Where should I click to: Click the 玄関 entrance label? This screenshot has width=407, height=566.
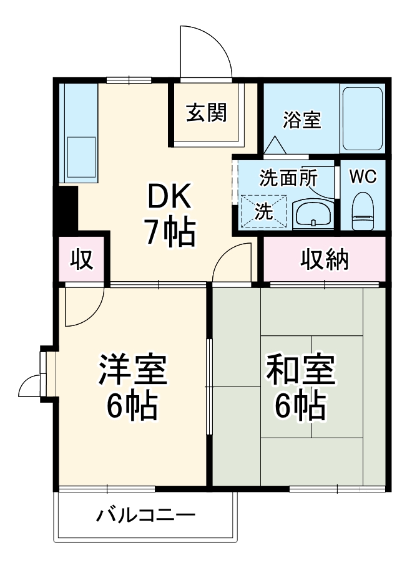tap(205, 113)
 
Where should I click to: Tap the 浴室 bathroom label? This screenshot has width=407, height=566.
tap(302, 120)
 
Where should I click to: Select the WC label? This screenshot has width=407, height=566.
tap(362, 177)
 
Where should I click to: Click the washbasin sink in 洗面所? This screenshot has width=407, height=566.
tap(313, 214)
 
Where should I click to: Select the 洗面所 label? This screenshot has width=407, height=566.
tap(288, 178)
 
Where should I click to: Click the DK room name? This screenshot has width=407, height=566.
tap(168, 199)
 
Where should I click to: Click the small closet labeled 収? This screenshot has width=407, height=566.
tap(82, 259)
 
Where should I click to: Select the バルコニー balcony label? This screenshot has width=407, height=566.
tap(145, 516)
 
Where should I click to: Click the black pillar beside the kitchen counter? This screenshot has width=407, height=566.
tap(66, 209)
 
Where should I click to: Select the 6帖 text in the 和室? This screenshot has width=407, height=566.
tap(301, 406)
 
